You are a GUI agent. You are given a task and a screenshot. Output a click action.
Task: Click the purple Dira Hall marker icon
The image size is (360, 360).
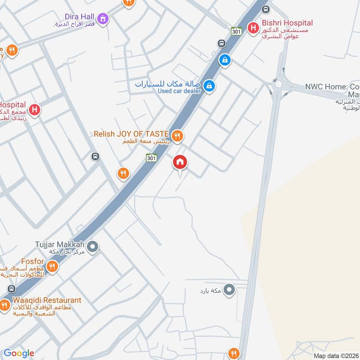(104, 19)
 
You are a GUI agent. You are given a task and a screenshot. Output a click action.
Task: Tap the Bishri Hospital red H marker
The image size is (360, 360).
(253, 28)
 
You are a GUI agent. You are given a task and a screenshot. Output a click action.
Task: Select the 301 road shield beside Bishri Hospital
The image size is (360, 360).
(237, 31)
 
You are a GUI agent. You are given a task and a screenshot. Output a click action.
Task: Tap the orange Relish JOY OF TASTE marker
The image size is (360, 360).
(178, 135)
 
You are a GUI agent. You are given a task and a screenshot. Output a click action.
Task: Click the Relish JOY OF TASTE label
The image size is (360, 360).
(131, 134)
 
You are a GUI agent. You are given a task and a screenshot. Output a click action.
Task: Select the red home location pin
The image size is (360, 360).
(180, 163)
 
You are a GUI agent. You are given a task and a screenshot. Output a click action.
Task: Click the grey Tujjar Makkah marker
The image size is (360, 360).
(93, 246)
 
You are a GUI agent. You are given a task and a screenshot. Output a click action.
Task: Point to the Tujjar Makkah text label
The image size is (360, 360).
(60, 245)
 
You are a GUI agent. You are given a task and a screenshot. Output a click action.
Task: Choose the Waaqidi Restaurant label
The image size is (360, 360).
(47, 300)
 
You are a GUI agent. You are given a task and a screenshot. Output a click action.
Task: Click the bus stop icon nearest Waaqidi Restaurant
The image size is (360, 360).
(11, 288)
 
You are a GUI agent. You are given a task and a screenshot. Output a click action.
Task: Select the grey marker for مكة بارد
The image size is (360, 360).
(229, 289)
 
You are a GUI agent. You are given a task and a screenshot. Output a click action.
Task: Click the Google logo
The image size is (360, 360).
(19, 353)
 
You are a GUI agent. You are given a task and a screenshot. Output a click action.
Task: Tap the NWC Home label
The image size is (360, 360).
(332, 86)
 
